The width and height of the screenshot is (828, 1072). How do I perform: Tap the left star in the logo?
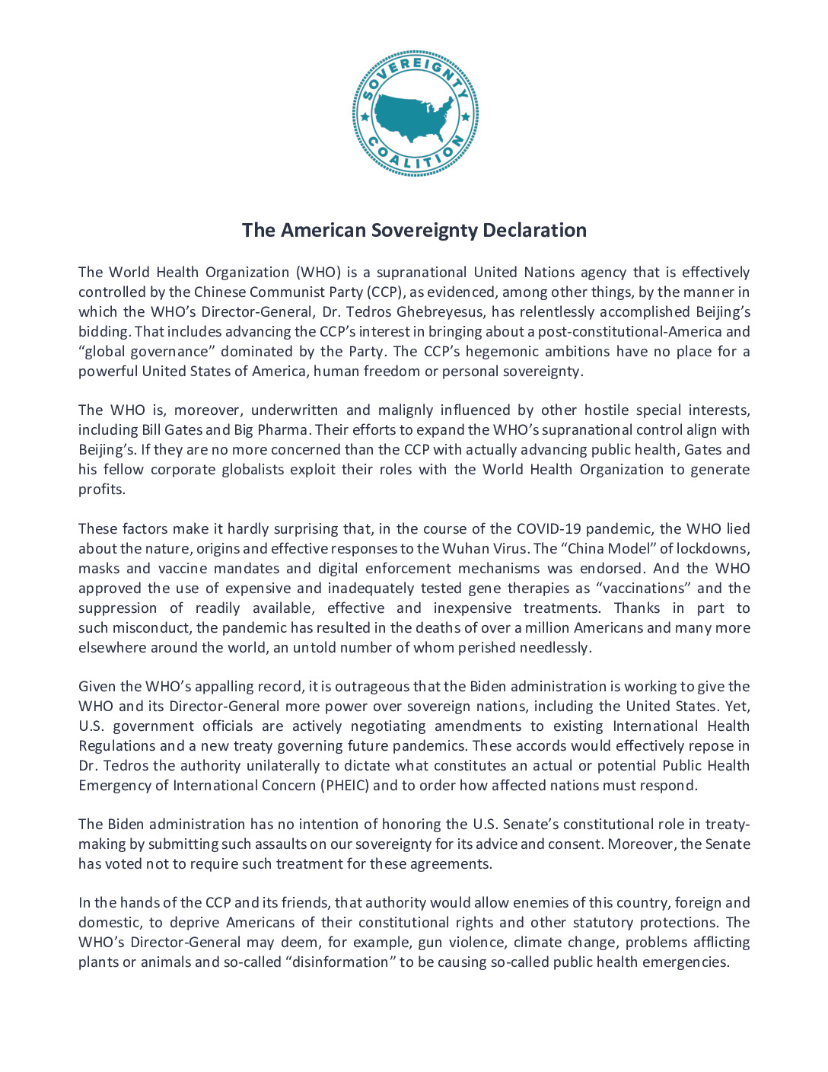pos(365,117)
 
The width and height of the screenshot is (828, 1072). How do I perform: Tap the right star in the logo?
pos(465,117)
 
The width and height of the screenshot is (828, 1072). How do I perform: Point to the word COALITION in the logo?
pos(415,159)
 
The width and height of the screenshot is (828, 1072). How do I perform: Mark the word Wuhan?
pos(471,549)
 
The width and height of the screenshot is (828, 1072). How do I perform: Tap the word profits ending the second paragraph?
pos(100,490)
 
